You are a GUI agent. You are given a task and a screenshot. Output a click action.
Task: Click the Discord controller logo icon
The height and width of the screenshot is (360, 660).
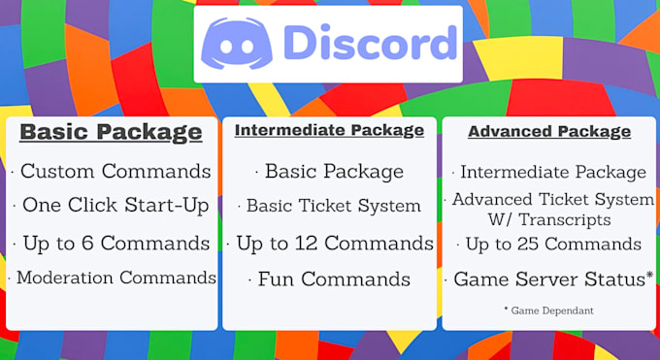[237, 44]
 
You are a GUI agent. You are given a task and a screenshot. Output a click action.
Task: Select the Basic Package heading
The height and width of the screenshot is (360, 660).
[112, 132]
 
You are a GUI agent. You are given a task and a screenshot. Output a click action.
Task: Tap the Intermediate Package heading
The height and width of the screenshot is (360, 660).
[329, 130]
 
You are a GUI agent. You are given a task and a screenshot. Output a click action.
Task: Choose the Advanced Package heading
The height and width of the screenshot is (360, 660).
[549, 130]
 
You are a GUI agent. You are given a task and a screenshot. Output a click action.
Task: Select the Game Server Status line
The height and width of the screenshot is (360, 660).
[549, 279]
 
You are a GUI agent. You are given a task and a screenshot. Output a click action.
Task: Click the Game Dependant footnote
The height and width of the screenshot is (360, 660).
[548, 311]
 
